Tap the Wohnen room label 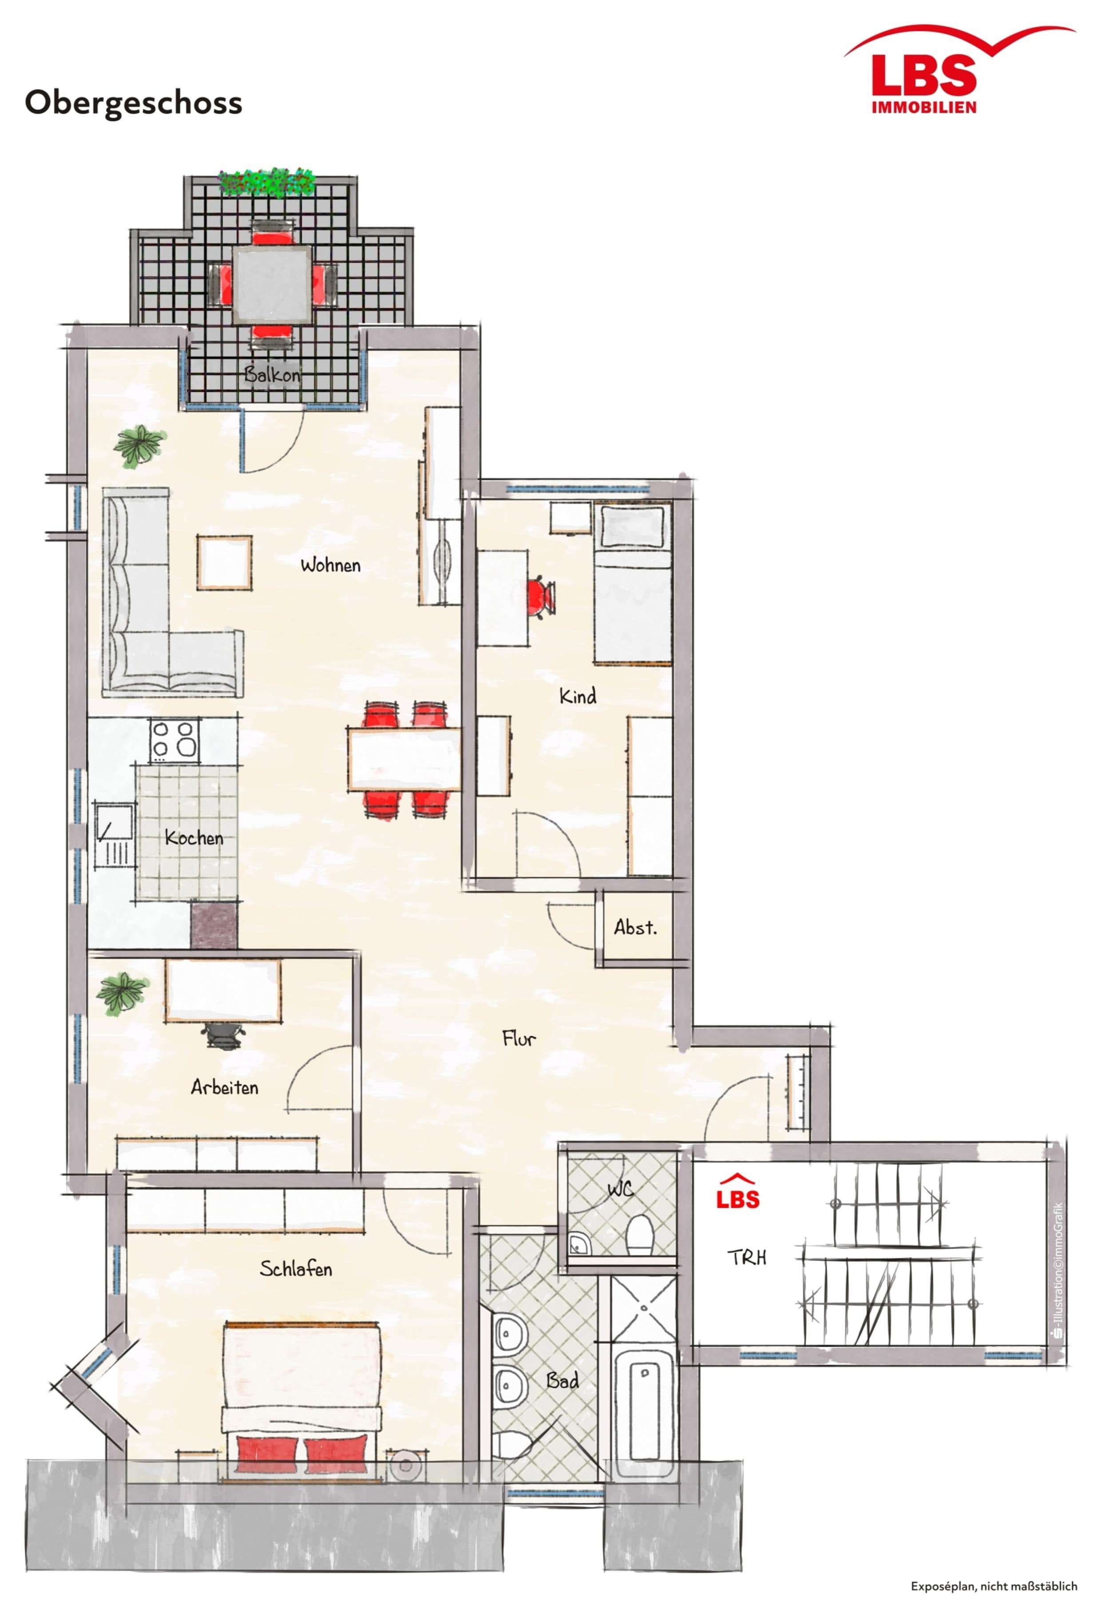pos(330,565)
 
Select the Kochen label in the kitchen pos(194,838)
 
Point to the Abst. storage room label pos(634,927)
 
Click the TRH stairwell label pos(747,1257)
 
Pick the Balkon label pos(272,374)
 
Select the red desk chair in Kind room pos(539,597)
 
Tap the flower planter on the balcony pos(267,182)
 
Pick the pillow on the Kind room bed pos(632,527)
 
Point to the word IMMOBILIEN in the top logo pos(924,107)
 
